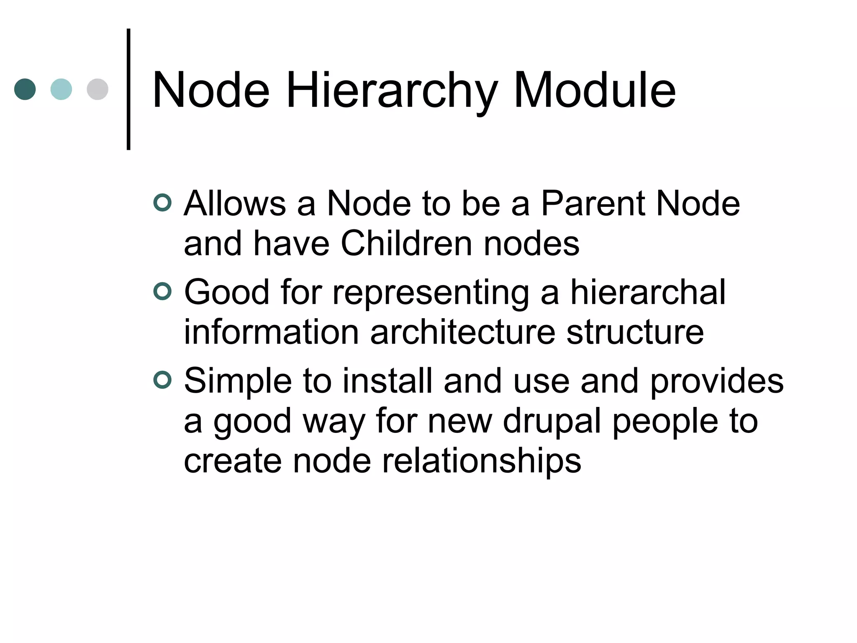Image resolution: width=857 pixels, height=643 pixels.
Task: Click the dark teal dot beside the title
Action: [25, 89]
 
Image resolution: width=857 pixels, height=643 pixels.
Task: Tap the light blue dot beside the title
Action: [61, 89]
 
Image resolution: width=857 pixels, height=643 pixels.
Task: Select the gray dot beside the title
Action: [98, 89]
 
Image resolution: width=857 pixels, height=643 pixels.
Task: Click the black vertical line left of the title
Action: [128, 89]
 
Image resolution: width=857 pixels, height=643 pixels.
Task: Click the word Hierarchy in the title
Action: [392, 90]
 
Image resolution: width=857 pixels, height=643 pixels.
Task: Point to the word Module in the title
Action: [594, 90]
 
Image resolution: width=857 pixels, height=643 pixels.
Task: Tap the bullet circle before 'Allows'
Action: [162, 203]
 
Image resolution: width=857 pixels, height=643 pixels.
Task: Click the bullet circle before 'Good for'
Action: [162, 291]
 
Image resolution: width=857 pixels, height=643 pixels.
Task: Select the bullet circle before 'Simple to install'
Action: [162, 380]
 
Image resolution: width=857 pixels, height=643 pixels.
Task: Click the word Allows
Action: [235, 203]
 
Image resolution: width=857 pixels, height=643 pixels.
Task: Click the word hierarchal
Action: [648, 292]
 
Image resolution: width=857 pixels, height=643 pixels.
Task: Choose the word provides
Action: [716, 381]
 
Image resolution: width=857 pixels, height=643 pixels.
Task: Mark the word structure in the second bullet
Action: [635, 332]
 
